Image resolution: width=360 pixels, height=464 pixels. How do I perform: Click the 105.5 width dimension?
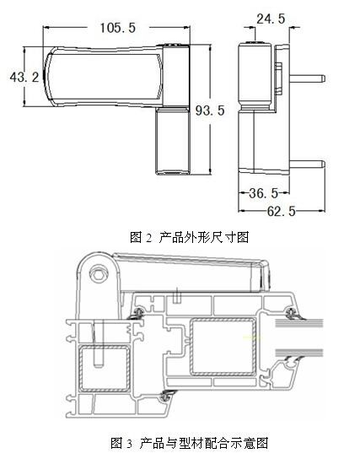coord(118,28)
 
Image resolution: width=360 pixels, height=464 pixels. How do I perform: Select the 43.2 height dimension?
coord(24,78)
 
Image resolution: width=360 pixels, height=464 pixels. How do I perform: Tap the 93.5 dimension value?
coord(210,111)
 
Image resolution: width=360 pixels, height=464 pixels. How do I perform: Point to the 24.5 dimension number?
coord(271,19)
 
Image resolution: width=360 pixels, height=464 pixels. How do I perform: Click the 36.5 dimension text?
coord(263,193)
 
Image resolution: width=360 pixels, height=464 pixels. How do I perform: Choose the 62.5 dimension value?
coord(282,211)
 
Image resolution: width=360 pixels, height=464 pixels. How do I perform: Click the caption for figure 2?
coord(190,237)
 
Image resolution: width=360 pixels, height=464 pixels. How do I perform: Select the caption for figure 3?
coord(190,443)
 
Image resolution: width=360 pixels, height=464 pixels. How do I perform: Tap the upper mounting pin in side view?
coord(307,78)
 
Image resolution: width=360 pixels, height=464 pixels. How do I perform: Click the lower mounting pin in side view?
coord(307,164)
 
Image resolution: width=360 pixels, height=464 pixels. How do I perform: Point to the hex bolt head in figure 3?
coord(97,274)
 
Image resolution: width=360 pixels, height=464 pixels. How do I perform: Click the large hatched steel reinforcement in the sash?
coord(223,347)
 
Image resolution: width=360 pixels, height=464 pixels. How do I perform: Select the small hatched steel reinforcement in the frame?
coord(105,369)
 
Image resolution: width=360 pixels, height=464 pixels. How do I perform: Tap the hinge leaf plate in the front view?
coord(104,76)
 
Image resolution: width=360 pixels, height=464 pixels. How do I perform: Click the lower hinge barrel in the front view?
coord(172,141)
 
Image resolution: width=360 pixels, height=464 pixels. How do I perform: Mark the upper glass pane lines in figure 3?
coord(299,323)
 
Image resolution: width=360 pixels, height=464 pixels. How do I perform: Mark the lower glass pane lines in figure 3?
coord(299,352)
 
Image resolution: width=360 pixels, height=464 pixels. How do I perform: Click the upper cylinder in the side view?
coord(255,76)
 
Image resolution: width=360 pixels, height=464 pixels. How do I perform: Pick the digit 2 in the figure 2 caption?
coord(148,238)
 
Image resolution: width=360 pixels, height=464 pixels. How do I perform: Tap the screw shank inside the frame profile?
coord(98,343)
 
